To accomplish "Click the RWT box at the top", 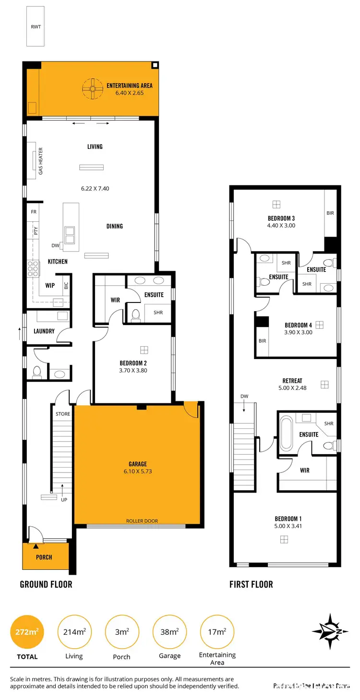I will click(x=36, y=26).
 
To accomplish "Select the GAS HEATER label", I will click(x=41, y=161).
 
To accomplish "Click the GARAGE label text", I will click(x=138, y=464).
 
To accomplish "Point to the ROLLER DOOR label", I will click(x=142, y=521).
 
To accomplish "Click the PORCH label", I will click(x=44, y=557).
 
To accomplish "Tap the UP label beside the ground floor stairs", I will click(x=64, y=499).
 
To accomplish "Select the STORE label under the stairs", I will click(x=63, y=414).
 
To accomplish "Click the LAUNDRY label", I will click(x=44, y=331).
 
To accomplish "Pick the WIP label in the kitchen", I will click(x=50, y=285).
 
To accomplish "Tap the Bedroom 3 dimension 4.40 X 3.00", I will click(x=281, y=225).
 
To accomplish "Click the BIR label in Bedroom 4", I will click(x=262, y=341).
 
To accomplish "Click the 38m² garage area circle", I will click(x=169, y=632).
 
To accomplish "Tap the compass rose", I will click(x=329, y=631).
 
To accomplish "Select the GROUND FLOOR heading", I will click(x=46, y=584).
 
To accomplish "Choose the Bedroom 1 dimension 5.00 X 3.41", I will click(x=288, y=526).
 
